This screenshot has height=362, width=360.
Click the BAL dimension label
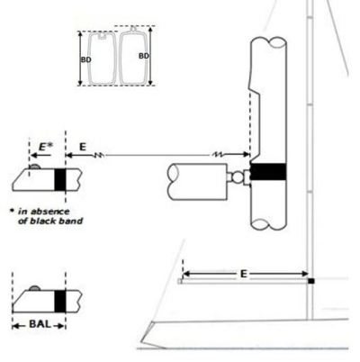(x=40, y=324)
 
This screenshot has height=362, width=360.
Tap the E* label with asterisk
(x=46, y=147)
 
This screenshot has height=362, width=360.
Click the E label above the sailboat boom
(x=244, y=274)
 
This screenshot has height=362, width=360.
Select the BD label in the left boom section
(x=85, y=59)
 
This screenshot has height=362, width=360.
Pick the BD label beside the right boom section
(x=144, y=56)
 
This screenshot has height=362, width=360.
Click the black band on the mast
(x=268, y=172)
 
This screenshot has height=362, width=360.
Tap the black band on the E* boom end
(x=60, y=179)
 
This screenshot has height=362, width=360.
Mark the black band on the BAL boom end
(x=60, y=301)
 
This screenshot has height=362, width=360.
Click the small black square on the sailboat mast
(x=311, y=281)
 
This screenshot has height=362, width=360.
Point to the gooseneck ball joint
(x=238, y=176)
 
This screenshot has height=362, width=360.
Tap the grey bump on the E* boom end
(x=34, y=167)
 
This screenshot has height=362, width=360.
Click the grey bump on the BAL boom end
(x=34, y=288)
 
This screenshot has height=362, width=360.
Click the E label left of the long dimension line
(x=83, y=147)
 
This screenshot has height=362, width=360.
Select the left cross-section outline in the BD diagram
(x=102, y=59)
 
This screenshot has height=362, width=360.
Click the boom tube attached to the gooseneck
(x=197, y=182)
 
